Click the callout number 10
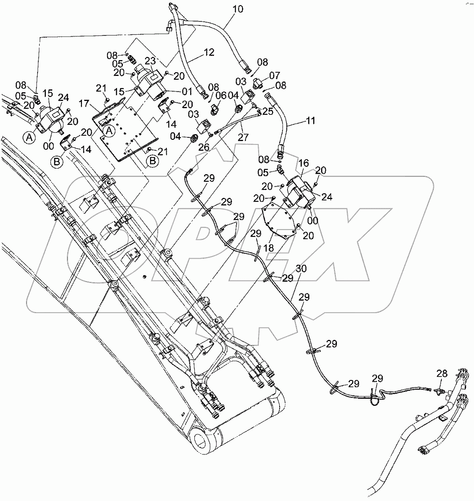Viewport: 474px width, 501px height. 237,9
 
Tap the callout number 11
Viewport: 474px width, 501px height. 309,122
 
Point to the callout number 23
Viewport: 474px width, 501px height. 150,61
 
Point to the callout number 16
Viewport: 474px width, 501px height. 303,162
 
